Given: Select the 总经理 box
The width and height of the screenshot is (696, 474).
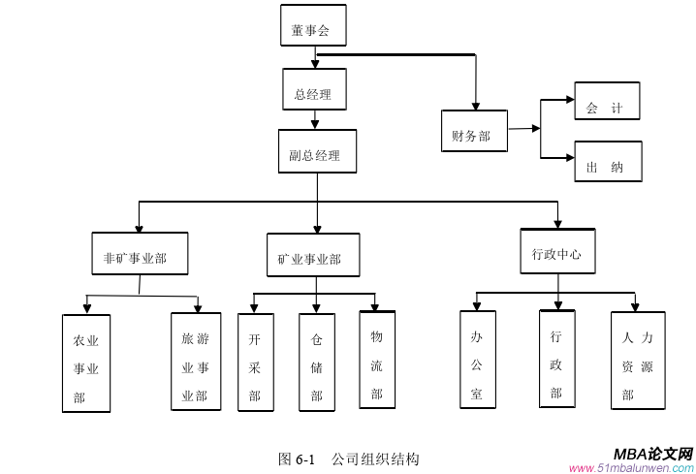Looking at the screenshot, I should click(x=314, y=94).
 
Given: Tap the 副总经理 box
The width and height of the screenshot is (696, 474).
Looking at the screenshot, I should click(x=316, y=154).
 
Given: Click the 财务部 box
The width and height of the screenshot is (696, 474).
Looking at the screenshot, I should click(x=473, y=136).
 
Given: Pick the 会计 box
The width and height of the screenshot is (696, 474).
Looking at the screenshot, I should click(x=607, y=109).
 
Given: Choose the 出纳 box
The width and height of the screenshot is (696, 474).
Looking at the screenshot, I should click(x=607, y=167).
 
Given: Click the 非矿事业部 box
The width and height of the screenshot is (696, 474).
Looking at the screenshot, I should click(x=140, y=257).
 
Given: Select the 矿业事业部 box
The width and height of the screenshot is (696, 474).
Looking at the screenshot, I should click(x=312, y=258).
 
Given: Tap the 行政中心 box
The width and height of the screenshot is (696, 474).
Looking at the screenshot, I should click(x=557, y=253).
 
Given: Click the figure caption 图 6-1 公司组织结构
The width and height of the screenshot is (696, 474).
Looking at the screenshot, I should click(x=349, y=458).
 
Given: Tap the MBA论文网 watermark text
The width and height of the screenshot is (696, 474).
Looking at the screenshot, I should click(x=653, y=453).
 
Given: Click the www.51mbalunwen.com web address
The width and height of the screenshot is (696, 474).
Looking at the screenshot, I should click(x=632, y=467).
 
